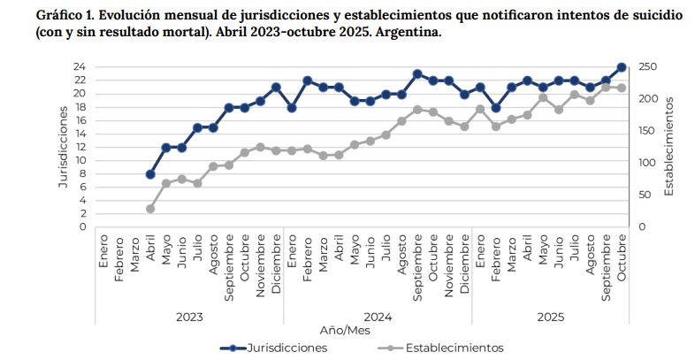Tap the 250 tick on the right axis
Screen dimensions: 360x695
pos(648,67)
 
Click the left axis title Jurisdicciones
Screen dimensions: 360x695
pos(63,147)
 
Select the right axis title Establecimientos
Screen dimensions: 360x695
pos(669,147)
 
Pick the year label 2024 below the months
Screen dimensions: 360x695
pos(378,316)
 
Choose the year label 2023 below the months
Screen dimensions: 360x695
pos(189,316)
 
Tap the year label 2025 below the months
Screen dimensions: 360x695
pos(550,316)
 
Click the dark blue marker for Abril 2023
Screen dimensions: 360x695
pos(150,174)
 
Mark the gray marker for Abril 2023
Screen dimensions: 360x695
pos(150,209)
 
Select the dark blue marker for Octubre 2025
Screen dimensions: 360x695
pos(622,67)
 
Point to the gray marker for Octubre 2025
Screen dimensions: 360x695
pos(622,88)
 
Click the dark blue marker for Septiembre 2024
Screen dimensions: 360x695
pos(417,74)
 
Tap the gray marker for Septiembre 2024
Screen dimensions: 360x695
pos(417,110)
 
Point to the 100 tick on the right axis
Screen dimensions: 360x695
pos(648,163)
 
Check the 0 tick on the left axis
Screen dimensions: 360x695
pos(82,227)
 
